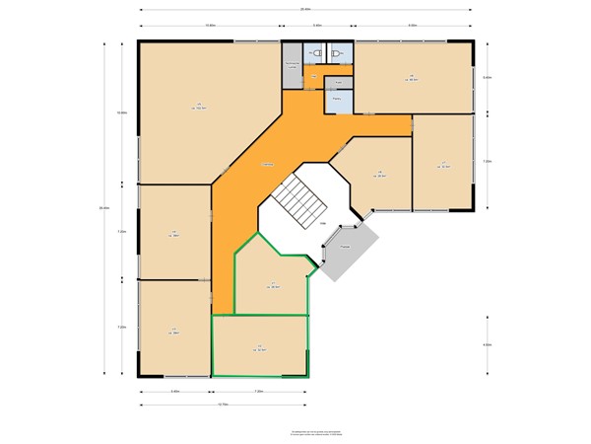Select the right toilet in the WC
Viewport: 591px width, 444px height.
(x=337, y=54)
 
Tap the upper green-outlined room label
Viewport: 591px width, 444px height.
(x=273, y=285)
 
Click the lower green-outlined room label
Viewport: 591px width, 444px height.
(x=260, y=347)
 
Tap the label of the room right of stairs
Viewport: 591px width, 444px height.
(x=379, y=176)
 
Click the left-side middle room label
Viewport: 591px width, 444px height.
(x=174, y=233)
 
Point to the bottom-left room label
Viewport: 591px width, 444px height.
(x=174, y=331)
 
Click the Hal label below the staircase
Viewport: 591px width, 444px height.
(x=322, y=224)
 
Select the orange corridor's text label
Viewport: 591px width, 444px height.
(x=267, y=163)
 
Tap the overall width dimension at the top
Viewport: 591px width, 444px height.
(x=307, y=9)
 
